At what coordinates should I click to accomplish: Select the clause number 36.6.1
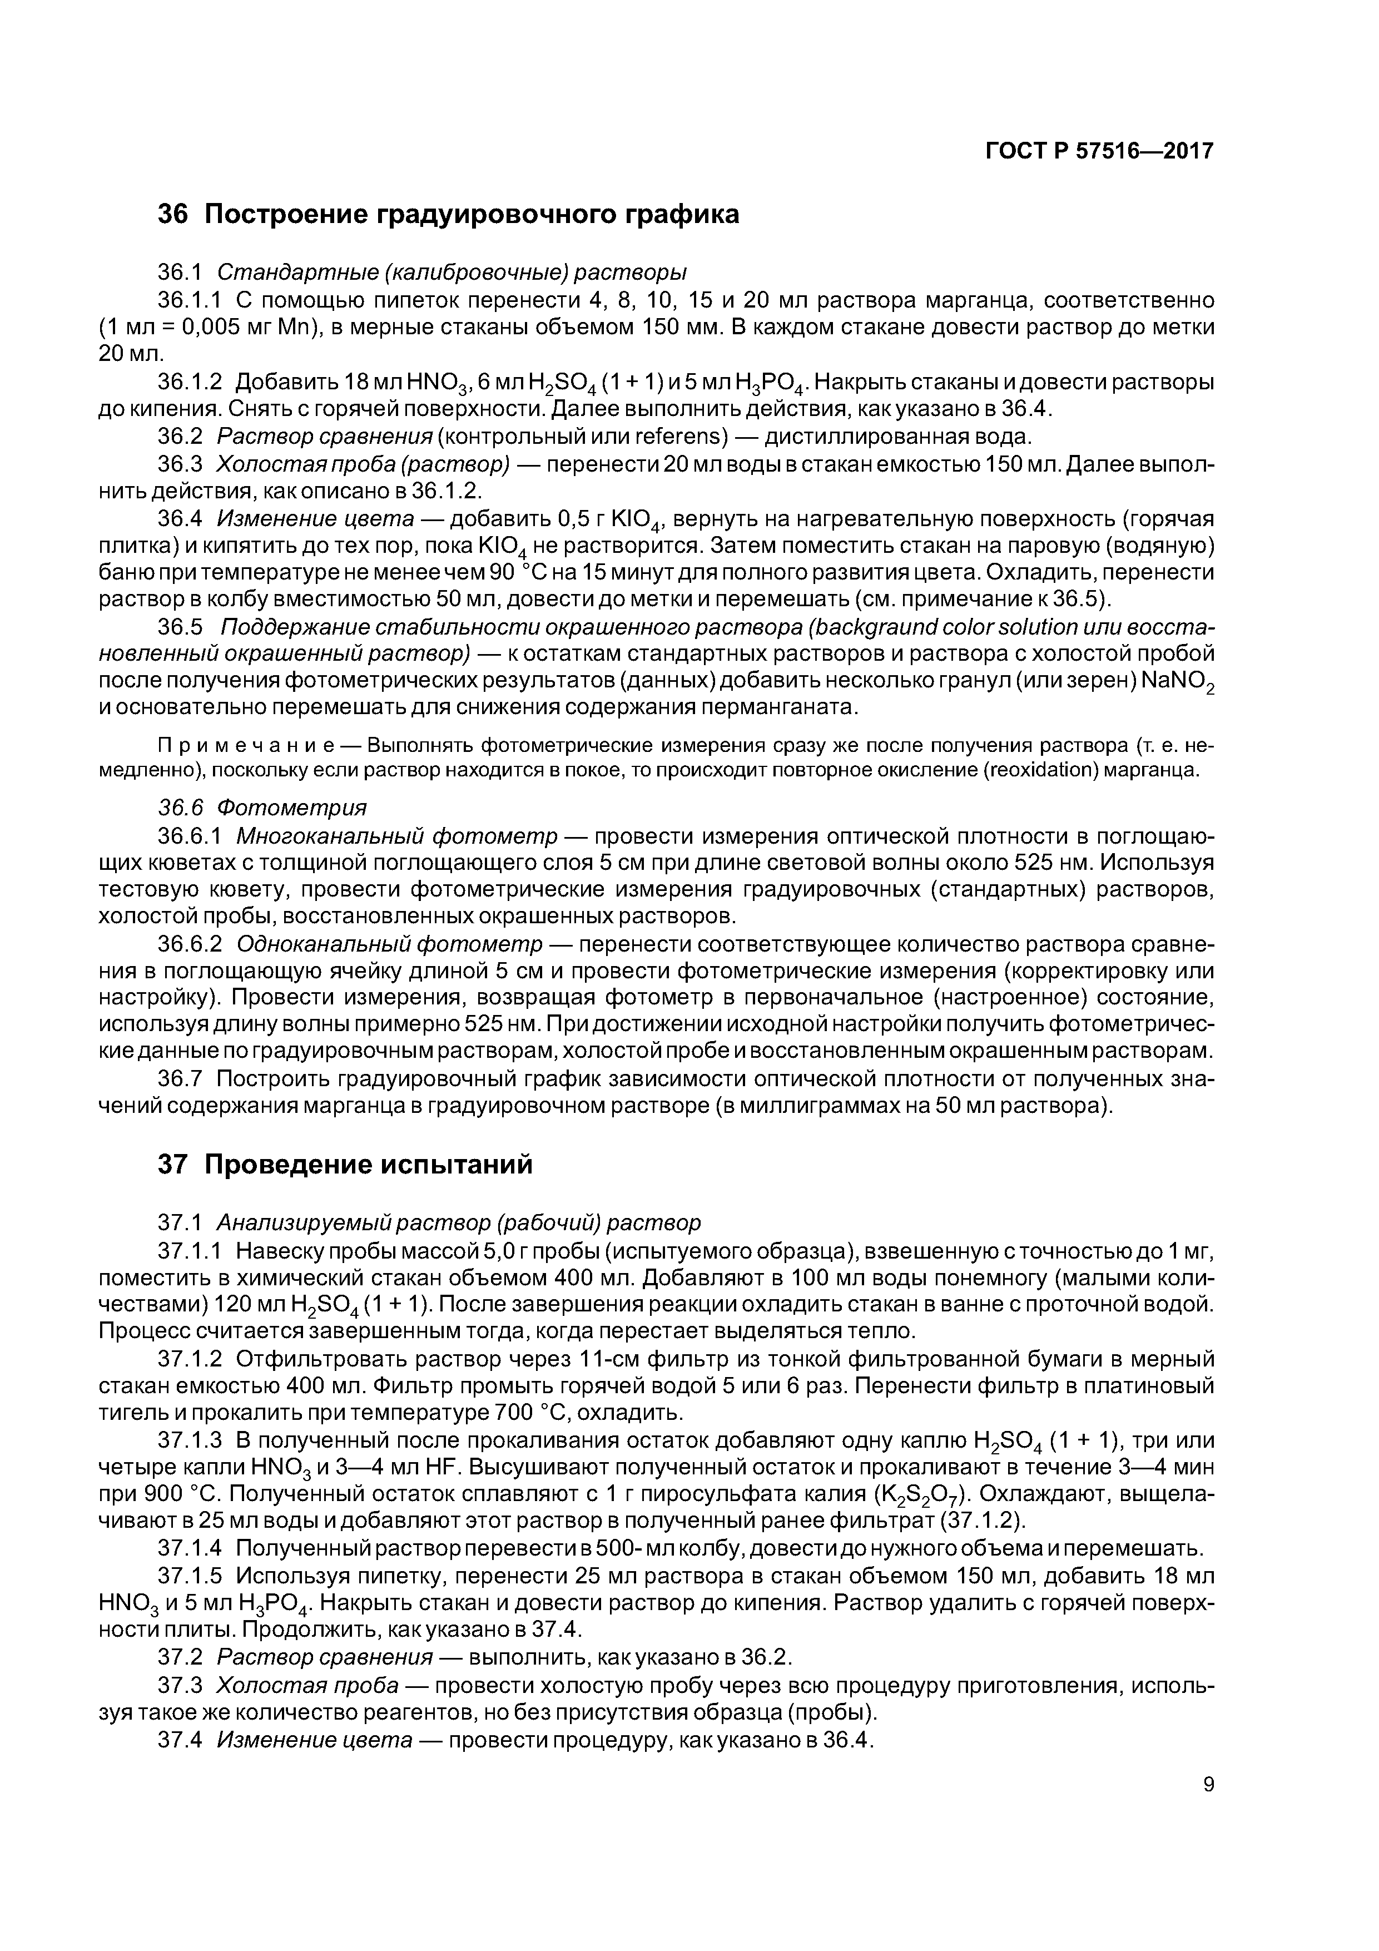[190, 836]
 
